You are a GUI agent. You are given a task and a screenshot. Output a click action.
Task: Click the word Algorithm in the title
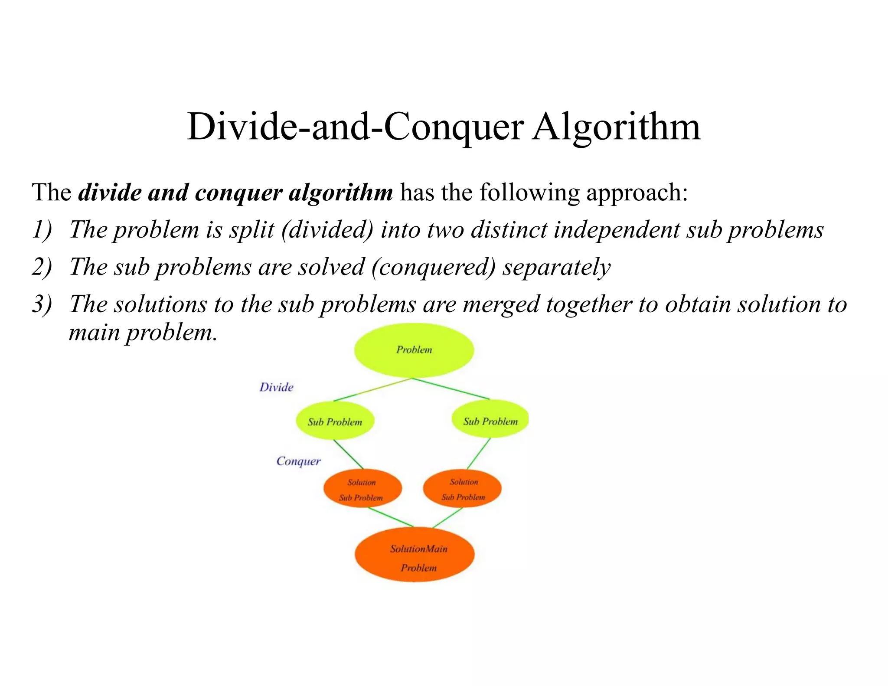pyautogui.click(x=616, y=127)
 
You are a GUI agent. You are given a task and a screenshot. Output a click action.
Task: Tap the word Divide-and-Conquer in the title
pyautogui.click(x=355, y=127)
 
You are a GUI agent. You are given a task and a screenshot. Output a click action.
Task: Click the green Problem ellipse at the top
pyautogui.click(x=414, y=350)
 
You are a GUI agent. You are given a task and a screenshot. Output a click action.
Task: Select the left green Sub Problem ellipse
pyautogui.click(x=335, y=421)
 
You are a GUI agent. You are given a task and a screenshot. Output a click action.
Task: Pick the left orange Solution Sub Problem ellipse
pyautogui.click(x=362, y=489)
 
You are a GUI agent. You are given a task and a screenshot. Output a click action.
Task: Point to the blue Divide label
pyautogui.click(x=276, y=387)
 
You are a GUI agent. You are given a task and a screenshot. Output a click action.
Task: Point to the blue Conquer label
pyautogui.click(x=298, y=461)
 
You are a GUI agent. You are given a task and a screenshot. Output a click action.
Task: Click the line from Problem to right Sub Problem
pyautogui.click(x=451, y=389)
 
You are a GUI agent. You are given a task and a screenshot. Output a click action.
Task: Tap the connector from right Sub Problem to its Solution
pyautogui.click(x=479, y=454)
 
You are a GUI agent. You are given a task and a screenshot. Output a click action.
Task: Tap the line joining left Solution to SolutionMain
pyautogui.click(x=390, y=517)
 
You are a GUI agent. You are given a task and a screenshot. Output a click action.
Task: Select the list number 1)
pyautogui.click(x=42, y=230)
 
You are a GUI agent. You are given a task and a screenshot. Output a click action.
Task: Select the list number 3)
pyautogui.click(x=42, y=304)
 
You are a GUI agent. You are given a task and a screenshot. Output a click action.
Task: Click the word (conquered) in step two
pyautogui.click(x=433, y=267)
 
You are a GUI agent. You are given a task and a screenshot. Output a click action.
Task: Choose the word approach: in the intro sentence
pyautogui.click(x=637, y=193)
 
